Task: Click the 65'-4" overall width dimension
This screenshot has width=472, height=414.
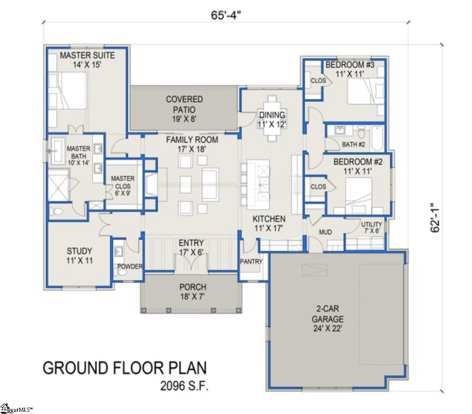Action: tap(225, 15)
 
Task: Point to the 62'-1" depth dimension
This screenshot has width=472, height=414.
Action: tap(435, 218)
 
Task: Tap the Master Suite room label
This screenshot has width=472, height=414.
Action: tap(87, 60)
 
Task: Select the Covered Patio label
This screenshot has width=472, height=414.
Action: tap(184, 109)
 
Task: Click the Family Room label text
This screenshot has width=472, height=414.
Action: tap(192, 144)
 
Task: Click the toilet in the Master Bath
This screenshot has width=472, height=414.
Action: tap(56, 211)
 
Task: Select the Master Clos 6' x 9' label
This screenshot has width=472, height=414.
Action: tap(123, 186)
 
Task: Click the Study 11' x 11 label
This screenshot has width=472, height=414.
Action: tap(79, 255)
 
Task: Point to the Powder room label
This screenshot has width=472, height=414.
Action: tap(130, 266)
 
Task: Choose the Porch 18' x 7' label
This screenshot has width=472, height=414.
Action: tap(193, 292)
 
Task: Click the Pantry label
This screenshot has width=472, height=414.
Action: tap(251, 262)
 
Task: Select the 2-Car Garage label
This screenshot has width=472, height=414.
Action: tap(327, 319)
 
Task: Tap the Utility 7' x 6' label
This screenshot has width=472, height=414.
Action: tap(371, 227)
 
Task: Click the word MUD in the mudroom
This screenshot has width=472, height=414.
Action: tap(325, 232)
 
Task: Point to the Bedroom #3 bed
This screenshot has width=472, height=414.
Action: tap(365, 91)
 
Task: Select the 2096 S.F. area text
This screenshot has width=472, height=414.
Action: tap(184, 386)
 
